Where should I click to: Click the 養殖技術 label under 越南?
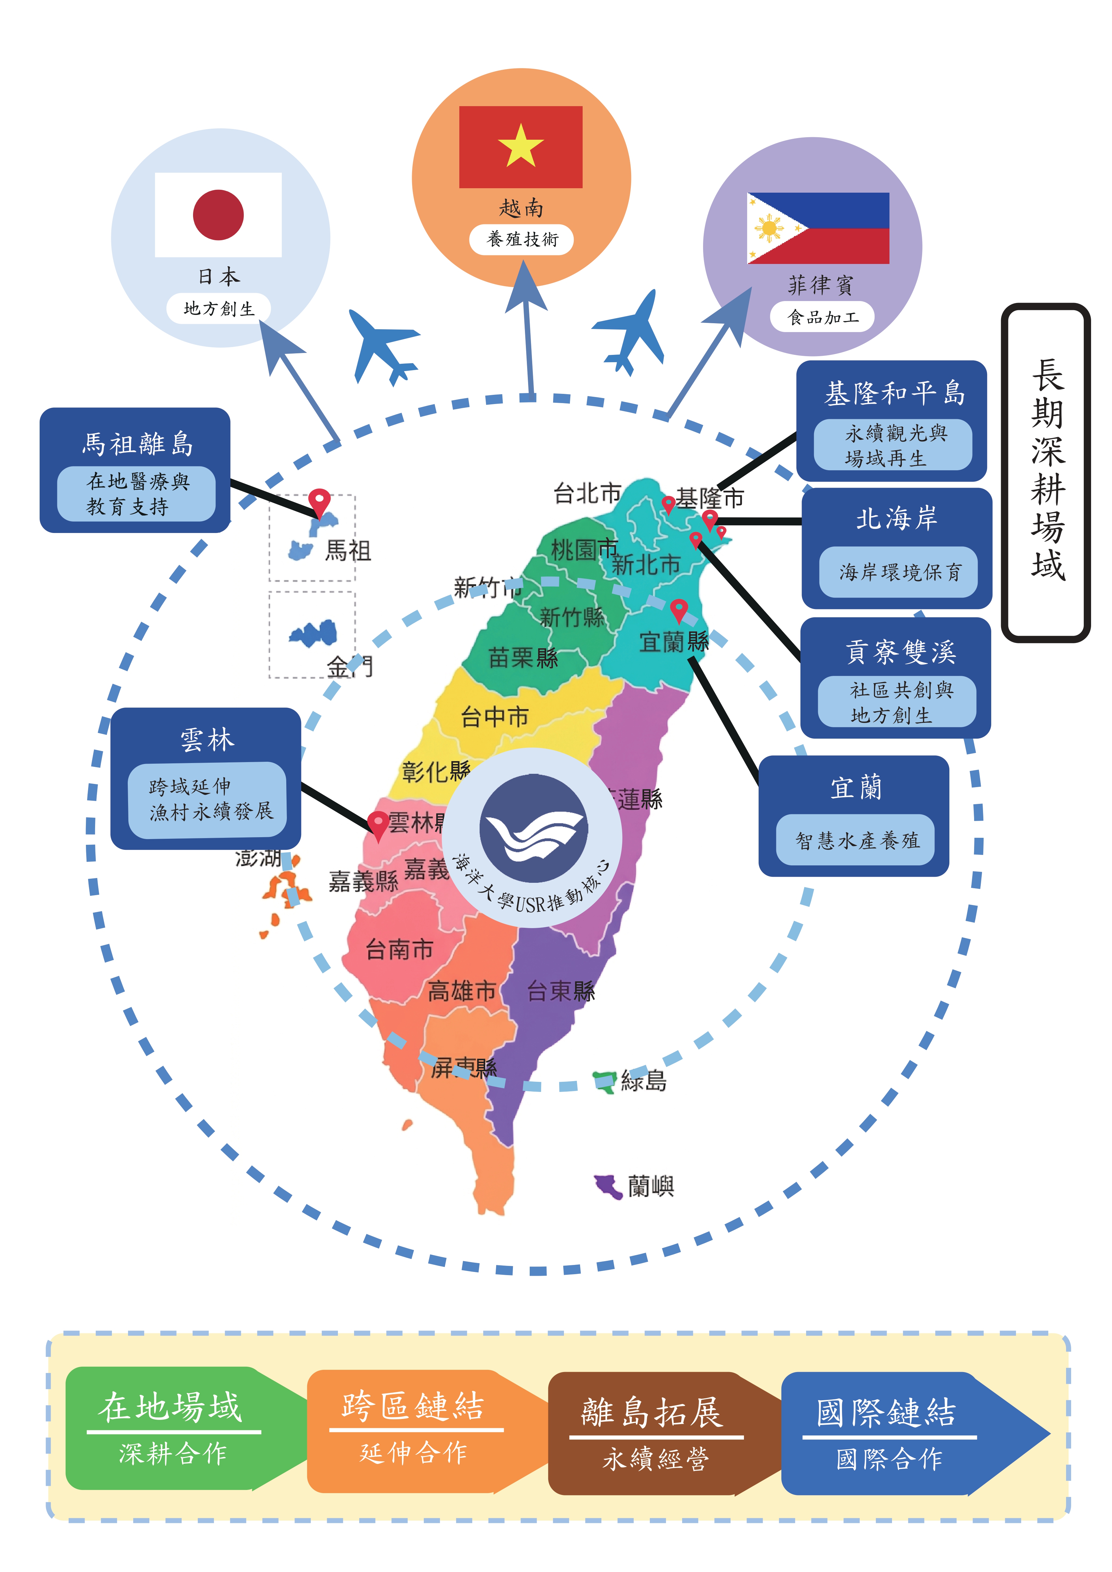pyautogui.click(x=522, y=239)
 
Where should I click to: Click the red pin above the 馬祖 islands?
pyautogui.click(x=319, y=502)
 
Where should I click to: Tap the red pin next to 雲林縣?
pyautogui.click(x=377, y=824)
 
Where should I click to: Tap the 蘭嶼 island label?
pyautogui.click(x=650, y=1186)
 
